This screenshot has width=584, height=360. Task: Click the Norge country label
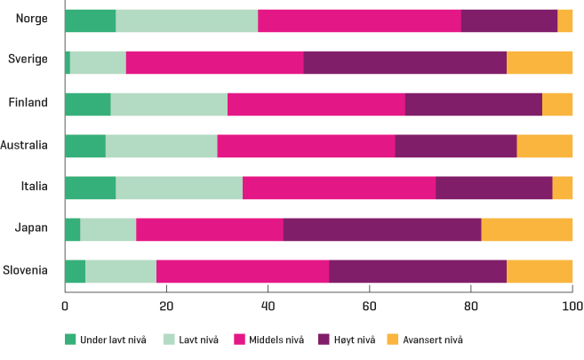(x=31, y=18)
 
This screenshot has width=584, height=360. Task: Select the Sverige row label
(x=28, y=60)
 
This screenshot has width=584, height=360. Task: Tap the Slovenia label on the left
(x=26, y=270)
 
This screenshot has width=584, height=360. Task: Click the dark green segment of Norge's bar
(x=90, y=20)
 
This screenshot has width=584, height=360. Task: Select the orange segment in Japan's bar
(x=526, y=228)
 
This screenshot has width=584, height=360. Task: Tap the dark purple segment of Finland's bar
(x=473, y=104)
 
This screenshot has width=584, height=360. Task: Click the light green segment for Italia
(x=179, y=187)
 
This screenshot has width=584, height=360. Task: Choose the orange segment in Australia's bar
(x=544, y=145)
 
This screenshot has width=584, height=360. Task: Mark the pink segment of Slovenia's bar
(x=242, y=270)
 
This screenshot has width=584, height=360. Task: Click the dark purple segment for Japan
(x=382, y=228)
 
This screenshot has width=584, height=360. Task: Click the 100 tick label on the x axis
(x=572, y=306)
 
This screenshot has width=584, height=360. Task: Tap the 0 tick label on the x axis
(x=65, y=306)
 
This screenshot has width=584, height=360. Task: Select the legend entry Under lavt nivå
(x=102, y=340)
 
